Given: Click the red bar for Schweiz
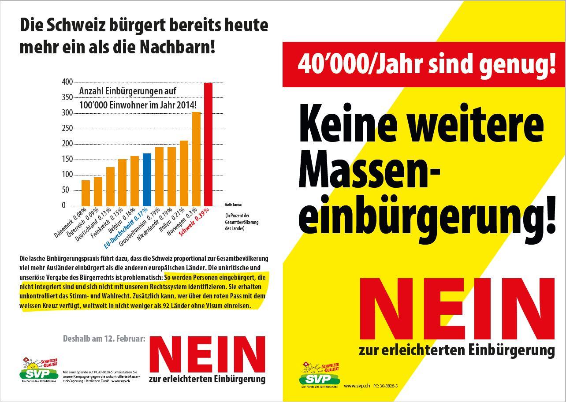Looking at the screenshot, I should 208,144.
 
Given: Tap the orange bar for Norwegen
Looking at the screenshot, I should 196,159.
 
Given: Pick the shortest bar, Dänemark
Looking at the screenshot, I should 86,193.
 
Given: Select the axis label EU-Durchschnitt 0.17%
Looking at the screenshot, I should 126,228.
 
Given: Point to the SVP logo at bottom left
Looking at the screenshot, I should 39,370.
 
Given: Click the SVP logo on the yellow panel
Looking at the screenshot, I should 320,374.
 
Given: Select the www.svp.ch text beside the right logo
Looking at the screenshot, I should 357,386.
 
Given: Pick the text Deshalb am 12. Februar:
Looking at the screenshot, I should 104,339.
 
